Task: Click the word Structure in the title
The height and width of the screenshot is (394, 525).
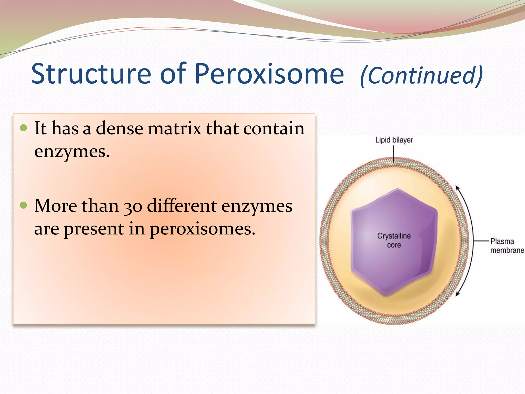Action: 91,74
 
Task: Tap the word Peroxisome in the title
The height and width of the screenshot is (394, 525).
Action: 269,74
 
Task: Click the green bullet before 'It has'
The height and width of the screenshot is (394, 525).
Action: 23,127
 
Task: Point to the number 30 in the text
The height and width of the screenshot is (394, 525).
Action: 133,206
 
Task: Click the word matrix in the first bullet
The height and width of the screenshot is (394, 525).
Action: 174,128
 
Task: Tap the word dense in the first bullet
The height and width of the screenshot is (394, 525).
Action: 119,128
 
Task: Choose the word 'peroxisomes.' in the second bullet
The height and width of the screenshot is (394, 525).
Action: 203,229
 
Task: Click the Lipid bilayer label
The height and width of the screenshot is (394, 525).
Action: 394,140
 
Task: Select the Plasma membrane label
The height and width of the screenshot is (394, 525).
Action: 507,246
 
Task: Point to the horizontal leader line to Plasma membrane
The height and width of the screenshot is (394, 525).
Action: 481,241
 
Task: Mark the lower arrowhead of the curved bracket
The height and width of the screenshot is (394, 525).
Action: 458,294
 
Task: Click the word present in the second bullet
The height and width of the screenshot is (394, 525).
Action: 94,229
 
